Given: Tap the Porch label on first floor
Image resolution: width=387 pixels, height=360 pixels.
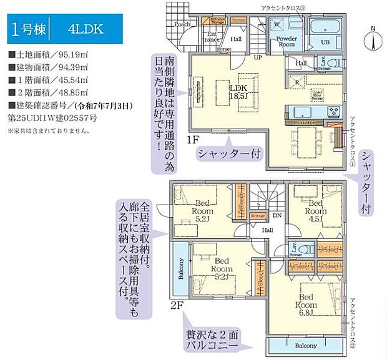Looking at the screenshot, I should (182, 24).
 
